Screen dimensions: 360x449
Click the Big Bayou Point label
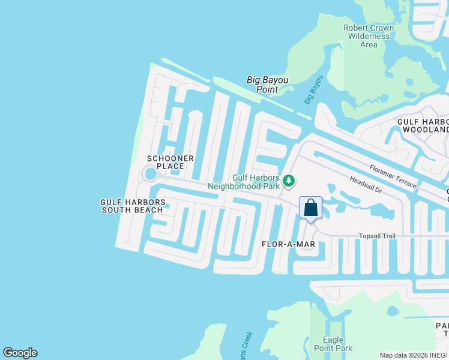tap(268, 85)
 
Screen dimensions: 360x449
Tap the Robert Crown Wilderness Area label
tap(369, 36)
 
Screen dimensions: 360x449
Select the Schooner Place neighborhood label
tap(170, 162)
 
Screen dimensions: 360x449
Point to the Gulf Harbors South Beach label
tap(132, 206)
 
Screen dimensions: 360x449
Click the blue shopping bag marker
tap(311, 209)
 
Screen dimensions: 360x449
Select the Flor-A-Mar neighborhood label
tap(288, 244)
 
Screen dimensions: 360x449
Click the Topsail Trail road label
tap(377, 236)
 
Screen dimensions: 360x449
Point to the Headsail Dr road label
tap(366, 184)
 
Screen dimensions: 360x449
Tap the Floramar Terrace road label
tap(393, 176)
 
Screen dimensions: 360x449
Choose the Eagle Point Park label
tap(333, 344)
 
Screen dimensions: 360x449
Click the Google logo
tap(20, 353)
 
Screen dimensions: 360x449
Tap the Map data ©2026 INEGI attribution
tap(413, 355)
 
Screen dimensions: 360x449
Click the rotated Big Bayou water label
tap(313, 89)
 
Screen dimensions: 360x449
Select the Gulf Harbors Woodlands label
tap(424, 125)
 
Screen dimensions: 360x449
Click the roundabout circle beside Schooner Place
tap(150, 174)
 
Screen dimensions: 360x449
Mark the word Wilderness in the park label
tap(369, 36)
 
